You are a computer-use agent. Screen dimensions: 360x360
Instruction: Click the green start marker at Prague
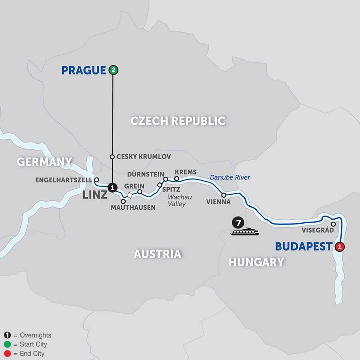[113, 70]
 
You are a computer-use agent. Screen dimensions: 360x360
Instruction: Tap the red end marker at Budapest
[340, 247]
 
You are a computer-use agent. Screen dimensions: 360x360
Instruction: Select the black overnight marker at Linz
[113, 187]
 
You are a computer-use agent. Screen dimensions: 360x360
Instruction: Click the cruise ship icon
[244, 232]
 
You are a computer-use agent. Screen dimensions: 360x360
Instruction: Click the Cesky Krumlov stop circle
[113, 157]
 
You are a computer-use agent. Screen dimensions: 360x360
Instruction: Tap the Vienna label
[219, 202]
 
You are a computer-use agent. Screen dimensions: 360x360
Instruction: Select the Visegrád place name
[317, 231]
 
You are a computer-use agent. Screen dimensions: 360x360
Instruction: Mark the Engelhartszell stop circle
[96, 180]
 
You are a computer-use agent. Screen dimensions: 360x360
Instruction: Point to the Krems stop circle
[176, 178]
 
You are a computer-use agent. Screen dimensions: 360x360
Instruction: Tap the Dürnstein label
[144, 174]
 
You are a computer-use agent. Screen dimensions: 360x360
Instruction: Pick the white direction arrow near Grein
[130, 195]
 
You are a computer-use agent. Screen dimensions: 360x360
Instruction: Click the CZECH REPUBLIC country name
[178, 121]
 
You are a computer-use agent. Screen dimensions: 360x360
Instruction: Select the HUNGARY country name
[256, 262]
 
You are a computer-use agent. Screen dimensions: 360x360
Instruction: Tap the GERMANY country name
[44, 162]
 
